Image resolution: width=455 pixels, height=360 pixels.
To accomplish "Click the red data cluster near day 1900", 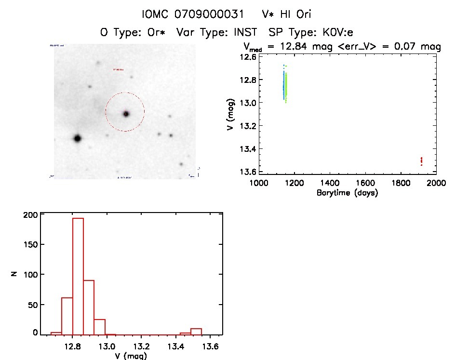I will tap(422, 160).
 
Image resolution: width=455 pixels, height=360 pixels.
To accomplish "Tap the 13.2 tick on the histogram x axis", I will tap(141, 346).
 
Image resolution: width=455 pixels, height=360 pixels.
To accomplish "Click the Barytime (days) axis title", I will tap(347, 193).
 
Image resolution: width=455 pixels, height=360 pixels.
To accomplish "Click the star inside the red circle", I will tap(126, 114).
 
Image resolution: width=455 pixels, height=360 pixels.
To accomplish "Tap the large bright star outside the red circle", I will tap(77, 138).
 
